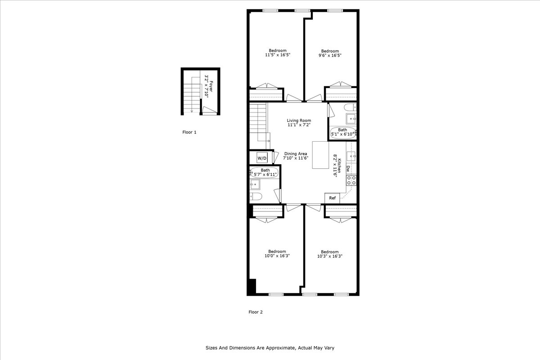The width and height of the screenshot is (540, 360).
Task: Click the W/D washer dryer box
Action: [262, 158]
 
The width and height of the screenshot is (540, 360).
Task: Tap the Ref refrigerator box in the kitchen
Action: [332, 198]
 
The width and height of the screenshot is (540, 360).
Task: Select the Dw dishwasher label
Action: [348, 169]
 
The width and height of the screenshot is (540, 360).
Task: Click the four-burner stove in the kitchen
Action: [351, 180]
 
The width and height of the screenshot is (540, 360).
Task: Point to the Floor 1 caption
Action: [189, 132]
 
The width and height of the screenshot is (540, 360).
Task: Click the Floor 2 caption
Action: [255, 312]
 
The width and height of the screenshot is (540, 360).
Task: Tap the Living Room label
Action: [299, 121]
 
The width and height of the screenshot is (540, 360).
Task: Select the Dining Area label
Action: [295, 153]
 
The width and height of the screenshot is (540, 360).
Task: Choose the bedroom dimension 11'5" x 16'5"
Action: [277, 55]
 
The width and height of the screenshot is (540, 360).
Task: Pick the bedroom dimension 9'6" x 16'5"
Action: [329, 55]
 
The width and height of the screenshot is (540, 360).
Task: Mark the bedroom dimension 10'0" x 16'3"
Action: [277, 256]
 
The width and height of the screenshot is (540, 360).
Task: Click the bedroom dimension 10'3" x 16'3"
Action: [329, 256]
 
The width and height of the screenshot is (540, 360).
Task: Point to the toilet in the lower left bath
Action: [256, 196]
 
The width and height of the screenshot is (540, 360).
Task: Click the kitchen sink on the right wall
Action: [352, 156]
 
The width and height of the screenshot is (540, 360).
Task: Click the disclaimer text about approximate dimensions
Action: [270, 348]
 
